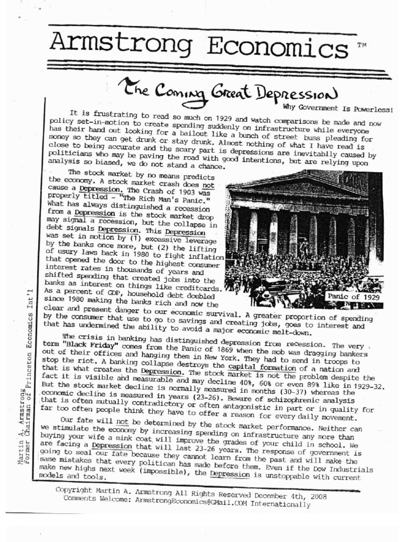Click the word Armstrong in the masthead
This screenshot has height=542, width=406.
tap(122, 43)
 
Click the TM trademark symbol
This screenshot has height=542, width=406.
tap(362, 46)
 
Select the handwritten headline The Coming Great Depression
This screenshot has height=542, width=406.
tap(227, 92)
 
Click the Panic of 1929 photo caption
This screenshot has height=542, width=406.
tap(353, 296)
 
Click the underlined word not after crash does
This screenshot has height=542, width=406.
tap(209, 185)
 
